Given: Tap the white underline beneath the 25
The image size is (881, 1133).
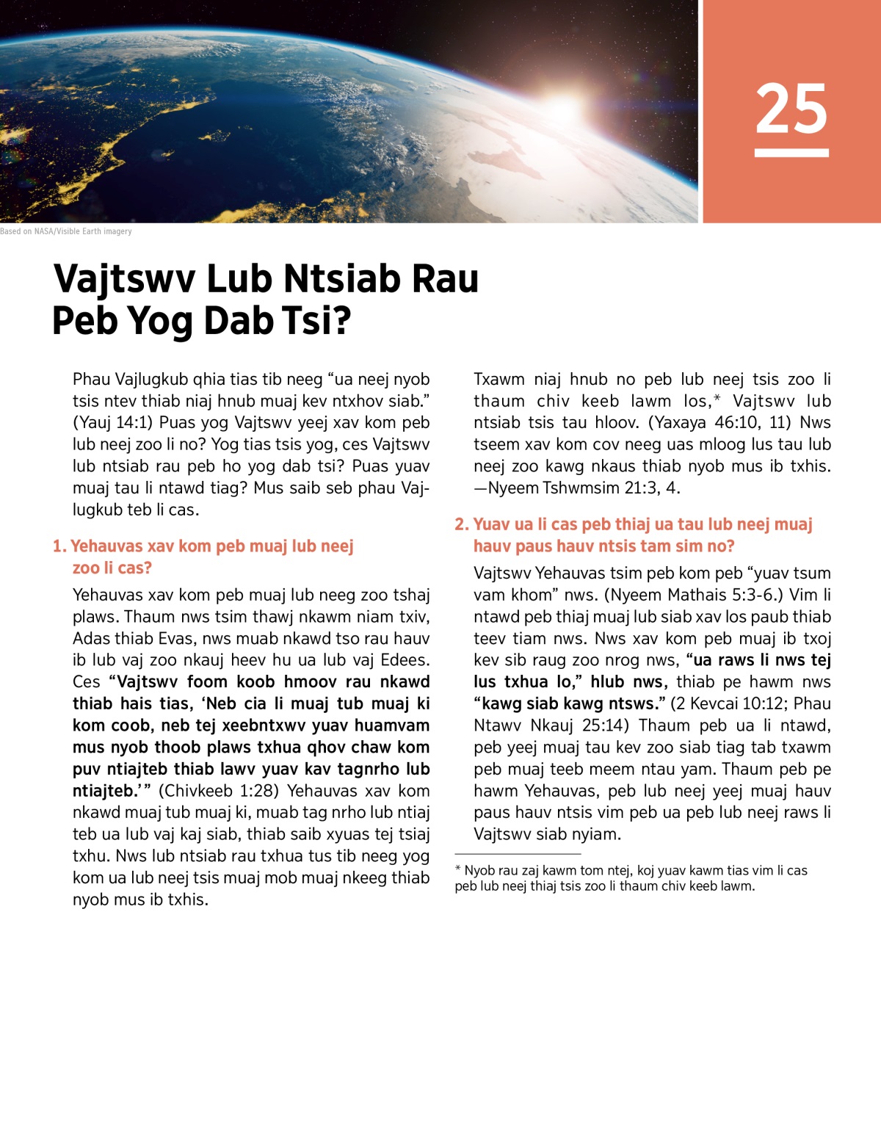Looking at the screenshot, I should (x=791, y=153).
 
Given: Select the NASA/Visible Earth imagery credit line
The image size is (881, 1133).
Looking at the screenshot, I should (x=66, y=231).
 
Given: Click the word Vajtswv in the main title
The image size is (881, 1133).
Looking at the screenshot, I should (x=124, y=279).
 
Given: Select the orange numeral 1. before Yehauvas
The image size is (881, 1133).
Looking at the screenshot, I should (x=59, y=546).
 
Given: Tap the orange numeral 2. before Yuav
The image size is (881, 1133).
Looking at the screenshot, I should (x=461, y=524).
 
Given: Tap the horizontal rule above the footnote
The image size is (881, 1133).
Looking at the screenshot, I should (x=518, y=854).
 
